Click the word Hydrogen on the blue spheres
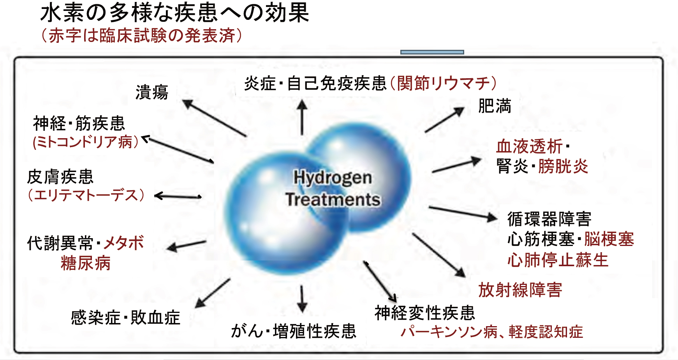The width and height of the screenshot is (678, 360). (333, 178)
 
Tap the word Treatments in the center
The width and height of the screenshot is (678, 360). (333, 200)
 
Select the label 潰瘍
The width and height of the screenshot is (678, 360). (152, 93)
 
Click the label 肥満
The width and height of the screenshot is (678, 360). (495, 106)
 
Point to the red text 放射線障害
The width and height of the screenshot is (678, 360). (520, 290)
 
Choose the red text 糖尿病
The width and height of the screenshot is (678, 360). (86, 263)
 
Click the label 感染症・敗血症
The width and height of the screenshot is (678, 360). (125, 318)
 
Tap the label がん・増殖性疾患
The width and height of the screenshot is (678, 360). (294, 331)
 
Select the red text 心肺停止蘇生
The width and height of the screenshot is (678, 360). (558, 260)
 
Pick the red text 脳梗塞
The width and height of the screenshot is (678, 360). (609, 239)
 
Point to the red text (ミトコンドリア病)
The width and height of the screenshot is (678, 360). (86, 142)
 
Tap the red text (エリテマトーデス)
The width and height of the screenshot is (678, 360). (86, 195)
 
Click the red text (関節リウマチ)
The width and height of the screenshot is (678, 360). (443, 83)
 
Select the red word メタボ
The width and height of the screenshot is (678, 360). (123, 243)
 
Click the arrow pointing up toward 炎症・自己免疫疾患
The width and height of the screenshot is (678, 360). (302, 117)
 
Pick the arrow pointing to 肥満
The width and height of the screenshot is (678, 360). (445, 119)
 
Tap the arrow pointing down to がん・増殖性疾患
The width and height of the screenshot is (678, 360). (302, 299)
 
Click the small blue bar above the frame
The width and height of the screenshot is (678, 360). (432, 52)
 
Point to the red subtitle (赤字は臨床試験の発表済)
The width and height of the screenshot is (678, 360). (142, 35)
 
